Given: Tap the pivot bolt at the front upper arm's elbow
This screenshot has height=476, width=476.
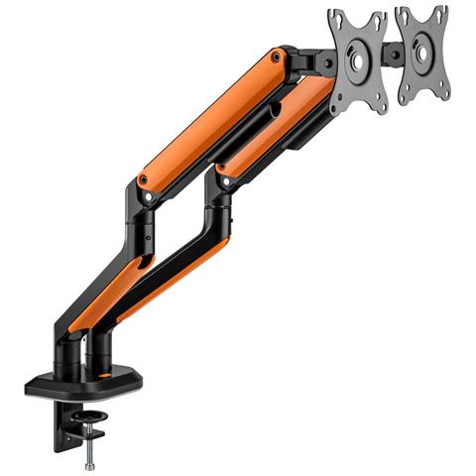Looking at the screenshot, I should click(x=145, y=180).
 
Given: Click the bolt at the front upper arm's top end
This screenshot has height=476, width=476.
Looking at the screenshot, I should click(x=280, y=64).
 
